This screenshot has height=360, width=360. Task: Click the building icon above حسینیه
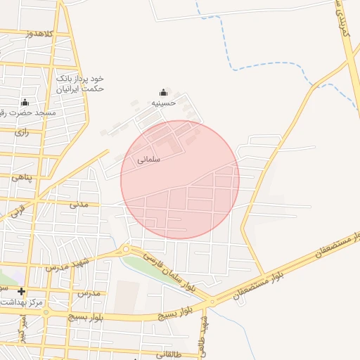pyautogui.click(x=163, y=92)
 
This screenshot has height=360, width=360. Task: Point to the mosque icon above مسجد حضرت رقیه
pyautogui.click(x=25, y=102)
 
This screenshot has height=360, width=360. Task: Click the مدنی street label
pyautogui.click(x=79, y=204)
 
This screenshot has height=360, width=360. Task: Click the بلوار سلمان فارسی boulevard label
pyautogui.click(x=169, y=273)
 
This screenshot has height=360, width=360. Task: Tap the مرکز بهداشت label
pyautogui.click(x=23, y=302)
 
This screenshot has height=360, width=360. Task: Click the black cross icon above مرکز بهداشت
pyautogui.click(x=21, y=291)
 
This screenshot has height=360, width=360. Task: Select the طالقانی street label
pyautogui.click(x=169, y=354)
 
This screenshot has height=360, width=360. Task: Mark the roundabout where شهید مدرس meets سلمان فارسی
pyautogui.click(x=127, y=249)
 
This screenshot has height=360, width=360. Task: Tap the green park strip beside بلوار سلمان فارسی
pyautogui.click(x=151, y=271)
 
